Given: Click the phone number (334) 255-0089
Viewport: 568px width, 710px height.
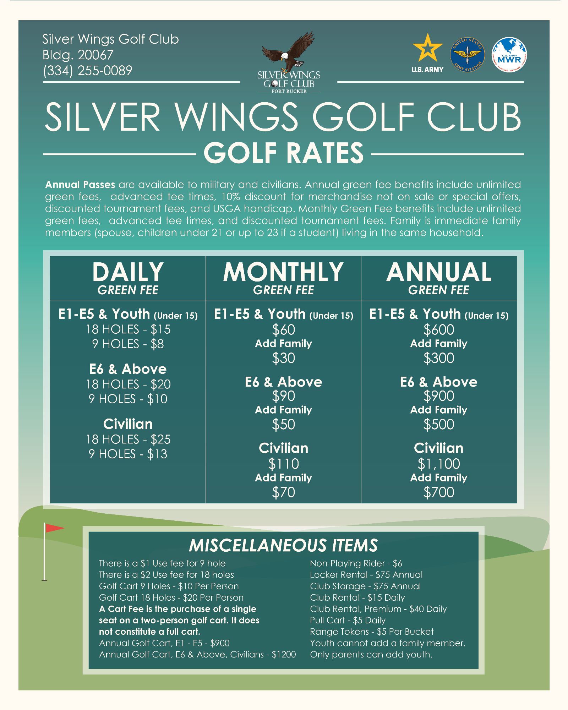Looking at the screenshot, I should coord(87,71).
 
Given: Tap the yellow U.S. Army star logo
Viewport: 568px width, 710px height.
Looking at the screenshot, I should coord(427,48).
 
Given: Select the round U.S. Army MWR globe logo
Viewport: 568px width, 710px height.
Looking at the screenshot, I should coord(509,55).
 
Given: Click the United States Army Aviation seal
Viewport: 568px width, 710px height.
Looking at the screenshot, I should coord(468,55).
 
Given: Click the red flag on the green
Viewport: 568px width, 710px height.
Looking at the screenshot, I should coord(54,528).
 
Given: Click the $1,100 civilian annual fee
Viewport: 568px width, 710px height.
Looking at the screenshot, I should coord(439,464).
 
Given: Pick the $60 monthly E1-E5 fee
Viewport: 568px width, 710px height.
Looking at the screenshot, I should coord(283,330).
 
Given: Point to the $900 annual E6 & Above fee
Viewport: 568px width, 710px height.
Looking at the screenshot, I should coord(439,396).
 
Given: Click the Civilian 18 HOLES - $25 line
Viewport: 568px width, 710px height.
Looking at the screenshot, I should coord(128,439).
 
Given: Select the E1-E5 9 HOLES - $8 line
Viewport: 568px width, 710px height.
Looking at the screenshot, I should coord(128,344).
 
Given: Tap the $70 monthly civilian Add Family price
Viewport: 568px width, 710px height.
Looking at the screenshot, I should coord(283,492).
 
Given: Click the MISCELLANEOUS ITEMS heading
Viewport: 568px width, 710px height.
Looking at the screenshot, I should coord(283,545).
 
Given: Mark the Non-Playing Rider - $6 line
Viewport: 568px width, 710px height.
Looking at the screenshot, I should coord(356,563).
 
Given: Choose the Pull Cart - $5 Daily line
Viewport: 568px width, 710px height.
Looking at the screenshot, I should coord(348,620).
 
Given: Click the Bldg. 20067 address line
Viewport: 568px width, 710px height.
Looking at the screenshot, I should coord(78,55).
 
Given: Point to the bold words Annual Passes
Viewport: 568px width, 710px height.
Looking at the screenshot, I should coord(80,185).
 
